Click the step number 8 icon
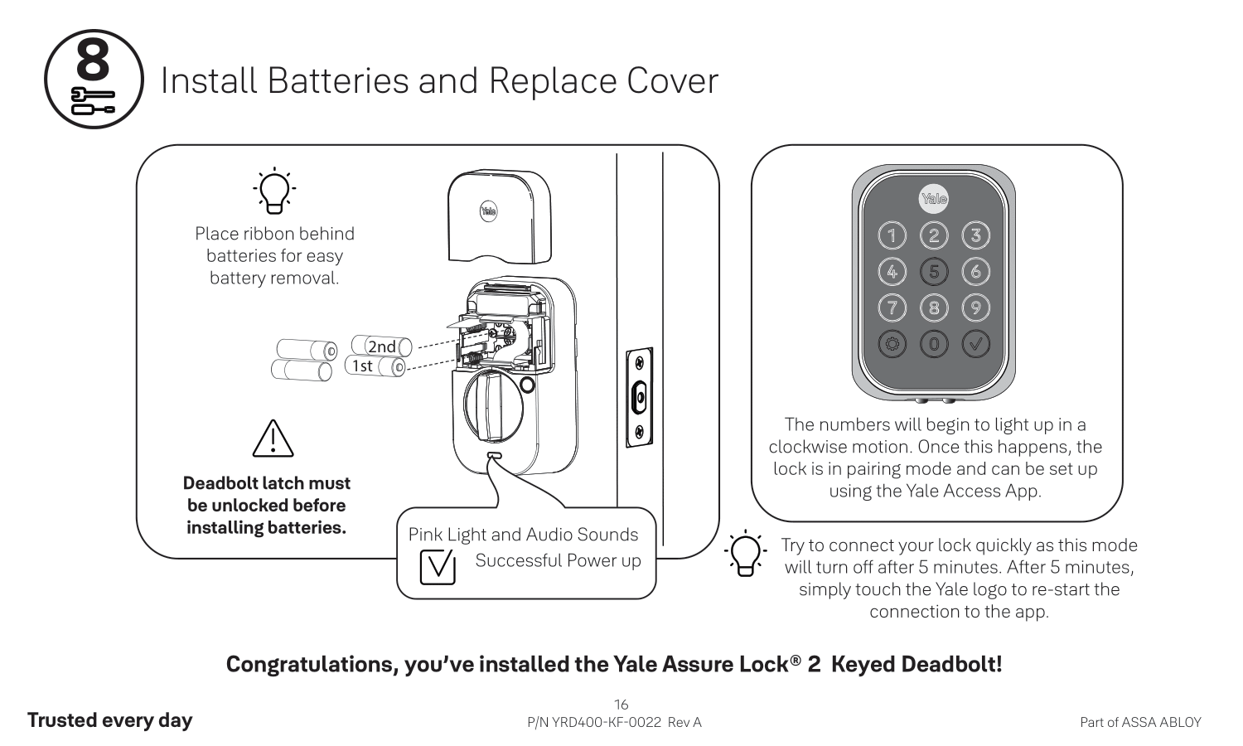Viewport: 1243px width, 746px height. pyautogui.click(x=93, y=80)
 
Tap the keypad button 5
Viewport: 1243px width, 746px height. pyautogui.click(x=934, y=272)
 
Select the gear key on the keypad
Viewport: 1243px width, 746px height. pyautogui.click(x=892, y=344)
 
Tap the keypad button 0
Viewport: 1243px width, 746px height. pyautogui.click(x=934, y=344)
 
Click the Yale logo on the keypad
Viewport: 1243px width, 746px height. pyautogui.click(x=934, y=199)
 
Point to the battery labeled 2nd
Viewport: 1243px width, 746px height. pyautogui.click(x=382, y=346)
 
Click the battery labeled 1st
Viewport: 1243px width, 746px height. pyautogui.click(x=374, y=366)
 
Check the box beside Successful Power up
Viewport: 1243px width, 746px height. pyautogui.click(x=438, y=566)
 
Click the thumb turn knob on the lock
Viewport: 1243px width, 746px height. pyautogui.click(x=488, y=407)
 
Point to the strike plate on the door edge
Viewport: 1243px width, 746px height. pyautogui.click(x=639, y=398)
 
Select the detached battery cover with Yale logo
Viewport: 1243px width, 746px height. pyautogui.click(x=500, y=216)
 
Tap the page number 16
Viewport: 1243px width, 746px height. pyautogui.click(x=621, y=705)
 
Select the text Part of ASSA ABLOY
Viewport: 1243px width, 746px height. pyautogui.click(x=1140, y=723)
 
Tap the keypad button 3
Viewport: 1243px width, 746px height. pyautogui.click(x=975, y=236)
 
